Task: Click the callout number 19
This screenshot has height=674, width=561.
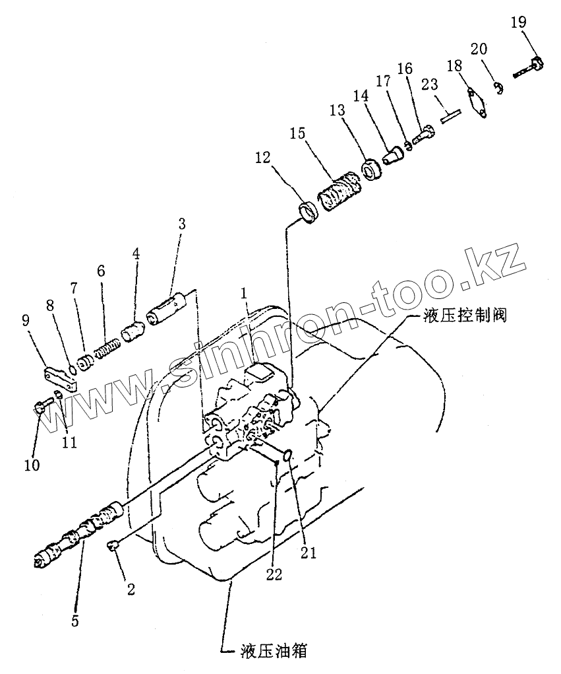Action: tap(518, 22)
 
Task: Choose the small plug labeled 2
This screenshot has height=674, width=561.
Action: tap(113, 544)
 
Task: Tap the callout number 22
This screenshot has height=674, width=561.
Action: tap(274, 574)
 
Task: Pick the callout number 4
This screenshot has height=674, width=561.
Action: tap(136, 253)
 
